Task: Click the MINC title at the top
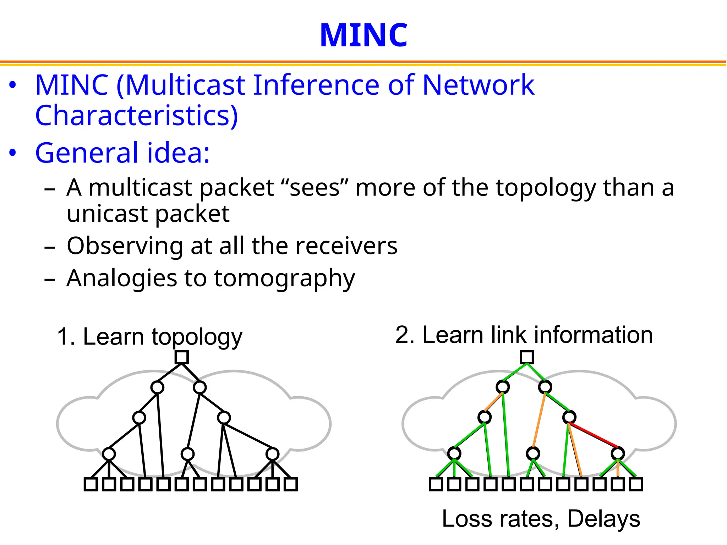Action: (x=363, y=35)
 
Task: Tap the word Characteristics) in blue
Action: (x=137, y=116)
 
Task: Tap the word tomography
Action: (x=284, y=279)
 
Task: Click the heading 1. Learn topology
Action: (x=149, y=336)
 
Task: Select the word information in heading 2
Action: (x=593, y=335)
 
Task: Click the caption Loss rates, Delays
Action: (x=541, y=519)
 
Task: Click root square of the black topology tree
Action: (x=182, y=357)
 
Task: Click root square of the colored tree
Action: (x=527, y=357)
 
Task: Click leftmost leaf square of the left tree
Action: (x=91, y=484)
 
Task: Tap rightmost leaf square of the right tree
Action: (x=636, y=484)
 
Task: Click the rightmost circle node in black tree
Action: (x=272, y=454)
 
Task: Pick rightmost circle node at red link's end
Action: (x=618, y=453)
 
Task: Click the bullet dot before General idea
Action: (x=13, y=153)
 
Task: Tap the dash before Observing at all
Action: (x=50, y=247)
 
